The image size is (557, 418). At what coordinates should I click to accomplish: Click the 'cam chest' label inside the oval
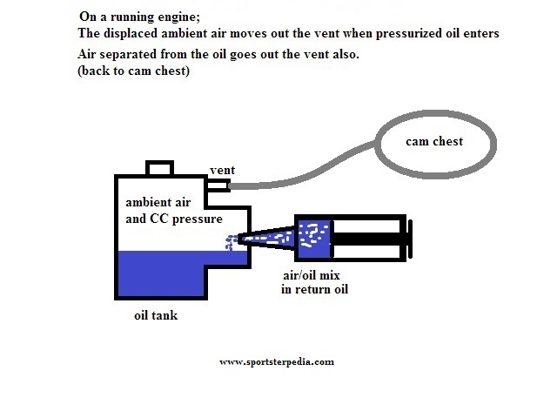pos(434,141)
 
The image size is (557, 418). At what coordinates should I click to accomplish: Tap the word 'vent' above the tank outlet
pos(223,170)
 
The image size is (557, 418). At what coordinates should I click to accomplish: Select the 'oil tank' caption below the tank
pos(156,315)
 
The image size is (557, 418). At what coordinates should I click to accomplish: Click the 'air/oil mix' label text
pos(312,275)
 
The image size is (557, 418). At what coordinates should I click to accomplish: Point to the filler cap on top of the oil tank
pos(159,168)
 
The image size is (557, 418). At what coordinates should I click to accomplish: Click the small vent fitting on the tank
pos(218,185)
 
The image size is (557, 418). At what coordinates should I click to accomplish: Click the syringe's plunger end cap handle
pos(410,239)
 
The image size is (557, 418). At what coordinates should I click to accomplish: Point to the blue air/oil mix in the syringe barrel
pos(314,239)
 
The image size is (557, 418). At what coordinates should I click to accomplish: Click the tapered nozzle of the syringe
pos(266,238)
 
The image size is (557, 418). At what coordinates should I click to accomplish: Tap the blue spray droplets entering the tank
pos(232,242)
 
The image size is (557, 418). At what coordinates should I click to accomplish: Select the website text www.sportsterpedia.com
pos(277,362)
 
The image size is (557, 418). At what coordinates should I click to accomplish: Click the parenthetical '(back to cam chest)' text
pos(133,71)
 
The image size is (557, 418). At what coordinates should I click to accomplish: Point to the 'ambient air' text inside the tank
pos(158,202)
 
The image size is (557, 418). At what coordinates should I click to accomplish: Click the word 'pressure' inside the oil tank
pos(198,219)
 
